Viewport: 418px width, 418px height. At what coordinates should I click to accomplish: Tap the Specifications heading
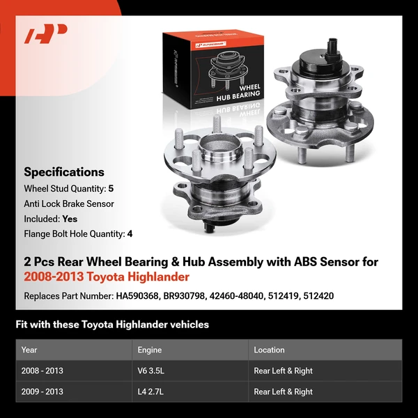tap(64, 172)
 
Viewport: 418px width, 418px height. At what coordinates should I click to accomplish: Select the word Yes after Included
tap(70, 219)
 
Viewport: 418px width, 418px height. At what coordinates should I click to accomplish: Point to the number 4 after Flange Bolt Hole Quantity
tap(130, 234)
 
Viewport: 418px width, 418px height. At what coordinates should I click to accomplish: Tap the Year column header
tap(29, 350)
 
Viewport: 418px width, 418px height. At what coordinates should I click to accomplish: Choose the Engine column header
tap(150, 350)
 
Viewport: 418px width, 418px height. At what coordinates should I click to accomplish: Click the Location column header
tap(269, 350)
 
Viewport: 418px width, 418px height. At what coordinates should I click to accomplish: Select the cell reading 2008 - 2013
tap(42, 371)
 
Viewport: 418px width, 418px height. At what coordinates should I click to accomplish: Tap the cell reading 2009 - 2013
tap(42, 392)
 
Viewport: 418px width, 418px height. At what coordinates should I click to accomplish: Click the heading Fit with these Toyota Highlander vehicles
tap(112, 325)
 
